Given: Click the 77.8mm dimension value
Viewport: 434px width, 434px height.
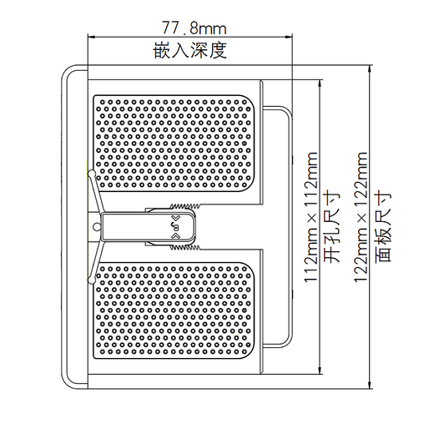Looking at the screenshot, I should pyautogui.click(x=189, y=27).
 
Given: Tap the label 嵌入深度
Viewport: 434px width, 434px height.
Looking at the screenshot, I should pyautogui.click(x=189, y=50).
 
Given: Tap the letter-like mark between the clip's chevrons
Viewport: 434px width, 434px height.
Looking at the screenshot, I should pyautogui.click(x=176, y=225).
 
